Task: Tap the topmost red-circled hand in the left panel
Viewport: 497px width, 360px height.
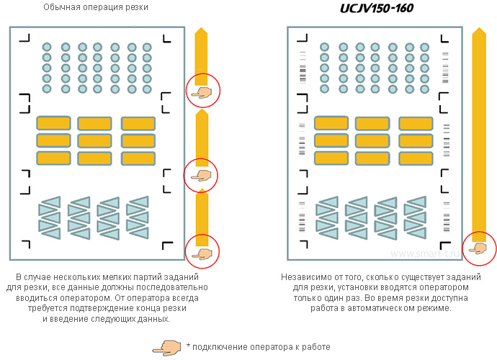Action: click(x=202, y=91)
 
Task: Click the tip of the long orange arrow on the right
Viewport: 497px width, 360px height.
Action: click(x=478, y=31)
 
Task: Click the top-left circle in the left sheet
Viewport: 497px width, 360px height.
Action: click(x=47, y=47)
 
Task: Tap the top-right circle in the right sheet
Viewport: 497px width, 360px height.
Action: click(x=425, y=47)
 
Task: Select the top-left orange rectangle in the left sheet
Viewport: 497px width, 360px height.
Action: click(x=53, y=123)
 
